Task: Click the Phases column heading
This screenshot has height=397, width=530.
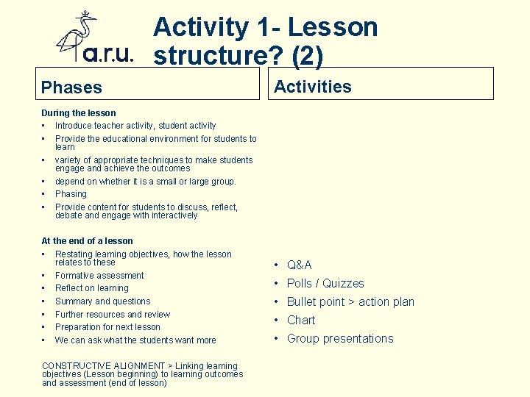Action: (71, 87)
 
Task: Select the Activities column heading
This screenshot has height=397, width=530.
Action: (313, 87)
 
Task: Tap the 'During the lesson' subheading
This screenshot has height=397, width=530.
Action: (79, 113)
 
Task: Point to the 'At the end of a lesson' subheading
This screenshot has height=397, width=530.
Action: (88, 240)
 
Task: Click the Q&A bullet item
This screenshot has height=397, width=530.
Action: (299, 265)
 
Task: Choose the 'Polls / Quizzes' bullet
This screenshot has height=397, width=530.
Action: (325, 283)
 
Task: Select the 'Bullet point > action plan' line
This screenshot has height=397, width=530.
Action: (350, 301)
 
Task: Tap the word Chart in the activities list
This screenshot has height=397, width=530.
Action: (301, 320)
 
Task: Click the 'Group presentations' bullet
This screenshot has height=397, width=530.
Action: (340, 338)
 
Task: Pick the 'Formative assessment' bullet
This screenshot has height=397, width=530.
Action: (99, 275)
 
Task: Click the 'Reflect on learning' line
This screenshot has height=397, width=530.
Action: (91, 288)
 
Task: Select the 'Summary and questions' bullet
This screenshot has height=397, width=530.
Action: (102, 301)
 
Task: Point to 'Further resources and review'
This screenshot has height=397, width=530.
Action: (113, 314)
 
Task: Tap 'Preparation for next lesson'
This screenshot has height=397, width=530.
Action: (107, 327)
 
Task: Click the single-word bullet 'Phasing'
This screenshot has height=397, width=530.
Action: (71, 194)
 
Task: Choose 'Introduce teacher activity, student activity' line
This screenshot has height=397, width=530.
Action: (135, 126)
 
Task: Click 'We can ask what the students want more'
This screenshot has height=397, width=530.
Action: (135, 340)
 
